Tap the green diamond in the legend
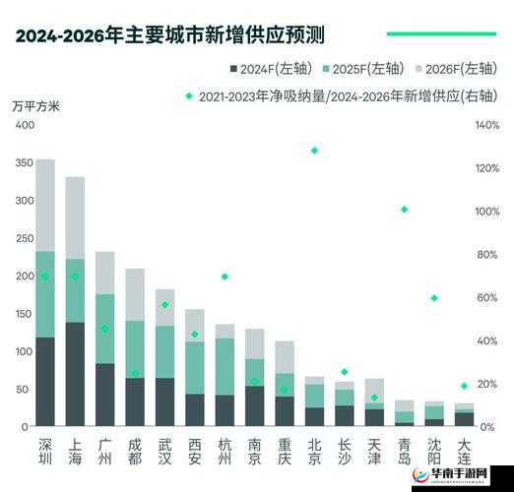pyautogui.click(x=189, y=96)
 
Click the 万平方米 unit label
pyautogui.click(x=36, y=107)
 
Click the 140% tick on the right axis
pyautogui.click(x=486, y=126)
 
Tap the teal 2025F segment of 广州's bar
pyautogui.click(x=105, y=329)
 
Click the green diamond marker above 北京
pyautogui.click(x=314, y=151)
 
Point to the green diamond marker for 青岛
pyautogui.click(x=405, y=210)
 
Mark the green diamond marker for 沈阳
pyautogui.click(x=434, y=298)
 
